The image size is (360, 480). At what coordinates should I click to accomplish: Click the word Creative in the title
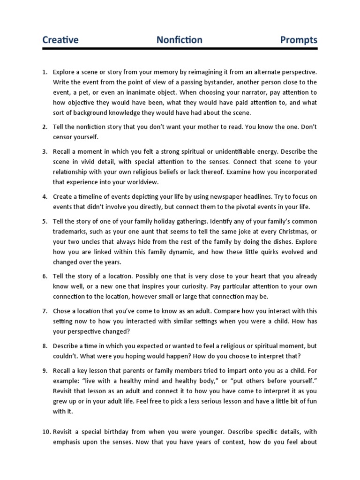[60, 40]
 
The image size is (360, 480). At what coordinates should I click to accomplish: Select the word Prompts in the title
[299, 40]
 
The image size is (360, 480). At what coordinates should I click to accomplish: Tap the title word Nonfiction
[180, 40]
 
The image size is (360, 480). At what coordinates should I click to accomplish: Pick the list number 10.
[46, 432]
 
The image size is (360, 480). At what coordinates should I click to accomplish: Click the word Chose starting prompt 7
[62, 311]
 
